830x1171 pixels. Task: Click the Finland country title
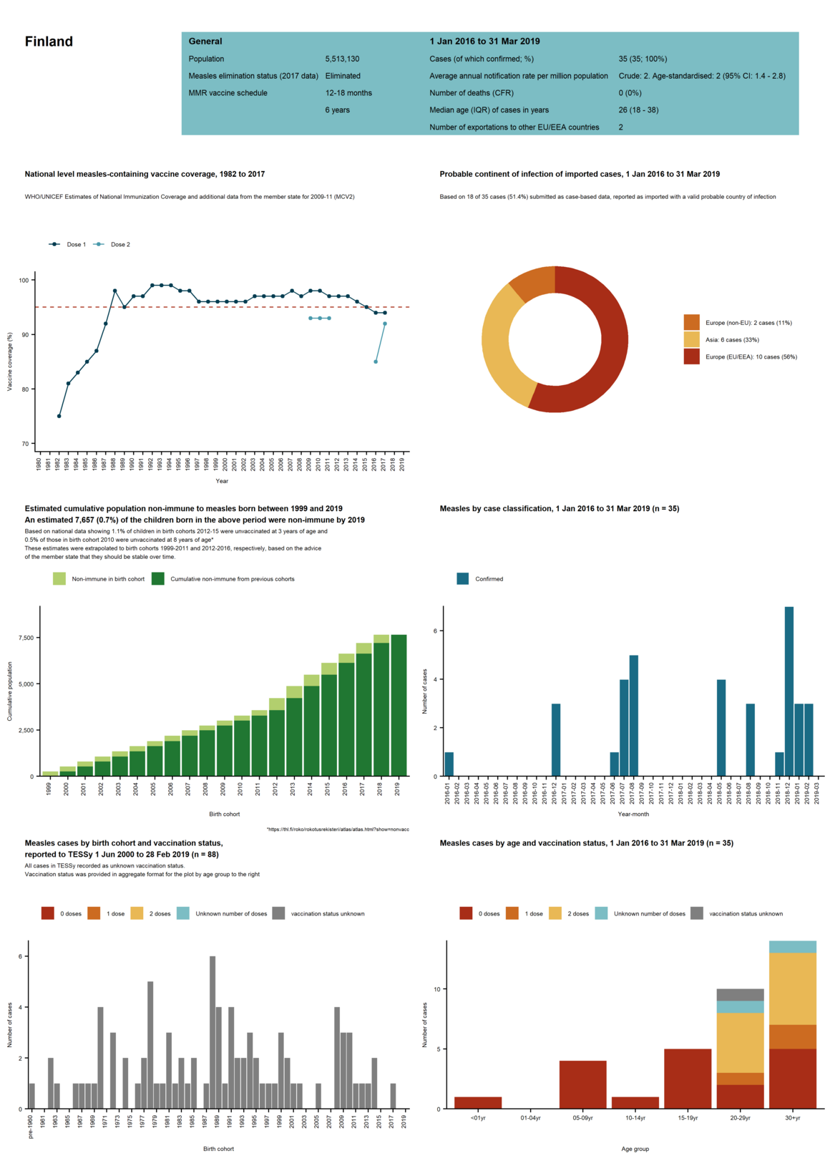49,42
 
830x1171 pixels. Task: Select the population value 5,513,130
342,59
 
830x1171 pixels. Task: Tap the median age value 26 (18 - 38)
638,110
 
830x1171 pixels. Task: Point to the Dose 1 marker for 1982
59,416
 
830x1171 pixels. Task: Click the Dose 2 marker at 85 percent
376,361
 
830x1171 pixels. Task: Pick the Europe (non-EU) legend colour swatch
691,323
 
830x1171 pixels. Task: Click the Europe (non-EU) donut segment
533,283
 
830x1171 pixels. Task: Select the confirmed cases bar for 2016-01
449,764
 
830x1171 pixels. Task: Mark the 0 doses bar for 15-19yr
688,1079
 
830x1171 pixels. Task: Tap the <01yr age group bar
478,1103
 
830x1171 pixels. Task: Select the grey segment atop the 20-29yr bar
740,994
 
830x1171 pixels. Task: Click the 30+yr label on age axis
792,1118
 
